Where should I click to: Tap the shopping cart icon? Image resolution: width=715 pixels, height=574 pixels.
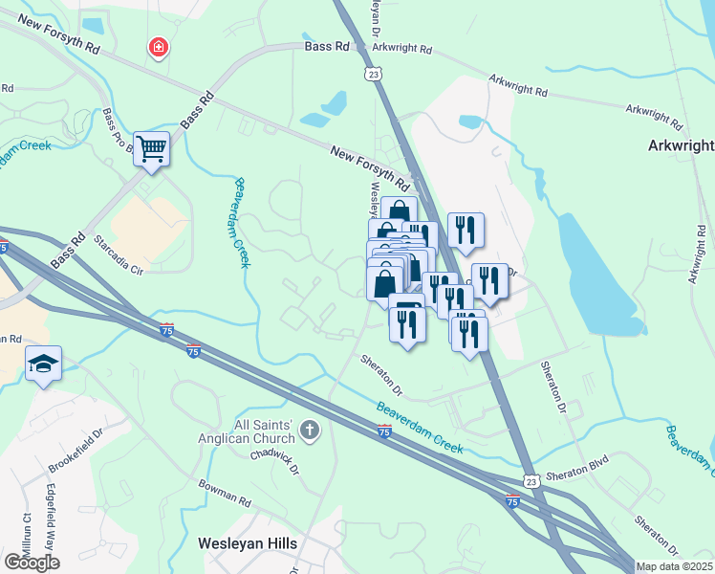[x=151, y=148]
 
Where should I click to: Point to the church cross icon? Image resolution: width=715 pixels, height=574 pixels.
[x=309, y=430]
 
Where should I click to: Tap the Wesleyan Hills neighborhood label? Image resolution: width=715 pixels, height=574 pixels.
[x=247, y=543]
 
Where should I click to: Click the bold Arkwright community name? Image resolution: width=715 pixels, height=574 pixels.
[x=682, y=145]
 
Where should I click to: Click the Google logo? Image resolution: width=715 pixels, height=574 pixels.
[x=32, y=562]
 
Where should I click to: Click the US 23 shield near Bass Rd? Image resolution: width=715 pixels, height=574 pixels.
[x=372, y=73]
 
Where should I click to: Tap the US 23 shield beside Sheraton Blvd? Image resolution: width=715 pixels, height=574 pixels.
[x=532, y=480]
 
